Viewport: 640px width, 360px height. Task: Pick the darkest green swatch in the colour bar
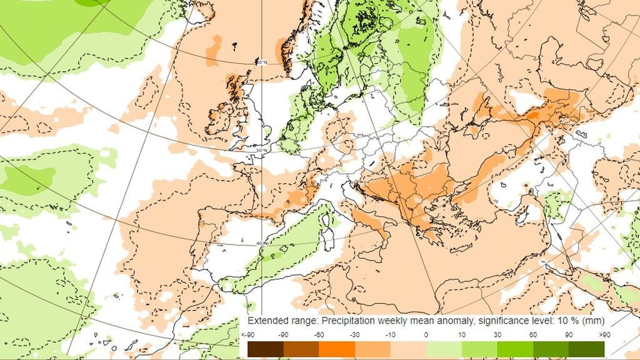(x=586, y=348)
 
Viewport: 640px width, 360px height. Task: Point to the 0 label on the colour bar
(x=426, y=335)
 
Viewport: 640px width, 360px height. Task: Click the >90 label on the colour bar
(x=605, y=335)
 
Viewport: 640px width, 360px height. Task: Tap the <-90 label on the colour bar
(x=247, y=335)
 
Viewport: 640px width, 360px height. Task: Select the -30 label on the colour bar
(x=354, y=335)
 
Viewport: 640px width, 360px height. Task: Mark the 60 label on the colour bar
(x=533, y=335)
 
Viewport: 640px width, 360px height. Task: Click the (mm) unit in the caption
(x=594, y=321)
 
